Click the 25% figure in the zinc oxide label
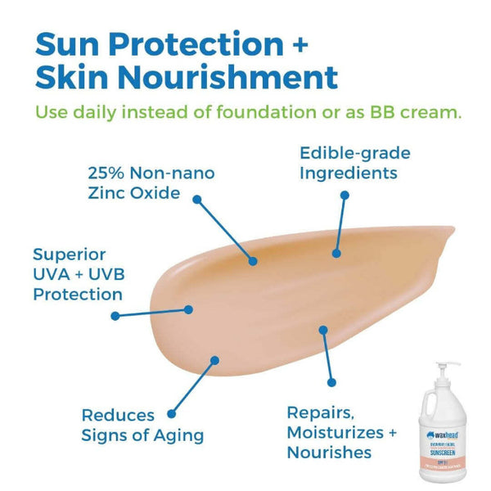107,174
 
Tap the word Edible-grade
354,153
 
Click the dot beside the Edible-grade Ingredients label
345,196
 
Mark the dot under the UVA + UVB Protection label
115,315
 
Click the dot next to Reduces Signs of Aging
172,416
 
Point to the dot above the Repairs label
331,381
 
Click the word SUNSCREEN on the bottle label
444,448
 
